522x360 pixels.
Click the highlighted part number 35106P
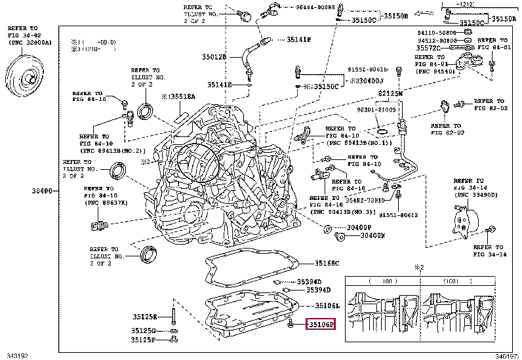(x=321, y=324)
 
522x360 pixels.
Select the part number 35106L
(x=327, y=306)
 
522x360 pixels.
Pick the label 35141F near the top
(x=298, y=40)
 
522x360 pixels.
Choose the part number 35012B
(x=214, y=57)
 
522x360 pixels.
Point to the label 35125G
(x=144, y=330)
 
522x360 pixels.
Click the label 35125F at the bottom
(x=144, y=340)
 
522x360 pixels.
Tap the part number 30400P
(x=359, y=228)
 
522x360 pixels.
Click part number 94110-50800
(x=437, y=32)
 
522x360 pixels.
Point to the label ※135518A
(x=178, y=96)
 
